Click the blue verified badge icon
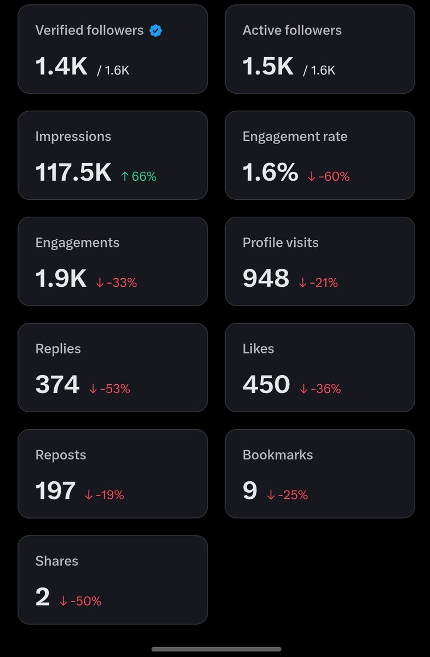[x=156, y=31]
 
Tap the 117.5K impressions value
[x=73, y=172]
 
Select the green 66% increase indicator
[x=139, y=176]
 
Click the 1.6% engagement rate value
[x=271, y=172]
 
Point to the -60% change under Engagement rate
[x=329, y=176]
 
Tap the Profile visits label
[x=280, y=243]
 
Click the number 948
[x=266, y=278]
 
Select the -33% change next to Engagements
[x=117, y=283]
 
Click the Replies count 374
[x=58, y=384]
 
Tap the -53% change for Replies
[x=110, y=389]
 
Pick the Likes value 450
[x=266, y=384]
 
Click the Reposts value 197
[x=55, y=491]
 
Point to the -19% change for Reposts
[x=105, y=495]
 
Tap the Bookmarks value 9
[x=250, y=491]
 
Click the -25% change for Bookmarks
[x=288, y=495]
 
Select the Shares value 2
[x=43, y=597]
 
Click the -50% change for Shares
[x=81, y=601]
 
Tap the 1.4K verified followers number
[x=61, y=66]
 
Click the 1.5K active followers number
[x=268, y=66]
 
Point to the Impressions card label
[x=73, y=137]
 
